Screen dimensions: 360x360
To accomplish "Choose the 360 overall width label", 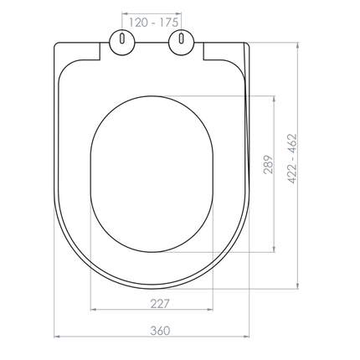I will tap(151, 330).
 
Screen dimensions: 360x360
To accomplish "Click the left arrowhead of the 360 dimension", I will tap(57, 337).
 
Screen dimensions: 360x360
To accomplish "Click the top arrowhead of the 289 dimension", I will tap(276, 98).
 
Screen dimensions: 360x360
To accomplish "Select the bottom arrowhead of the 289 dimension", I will tap(276, 249).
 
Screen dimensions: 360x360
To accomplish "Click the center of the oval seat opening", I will tap(151, 172).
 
